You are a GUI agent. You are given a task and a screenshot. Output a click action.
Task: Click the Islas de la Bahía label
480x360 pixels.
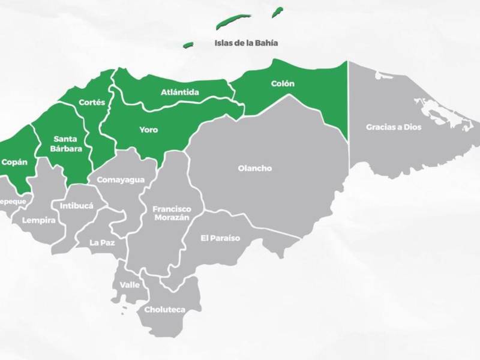coord(246,43)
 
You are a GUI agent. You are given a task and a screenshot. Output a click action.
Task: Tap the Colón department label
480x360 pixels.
coord(283,83)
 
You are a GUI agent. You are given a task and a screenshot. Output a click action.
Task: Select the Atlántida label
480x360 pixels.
coord(180,92)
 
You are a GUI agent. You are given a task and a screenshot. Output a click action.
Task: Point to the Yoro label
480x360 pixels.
coord(149,129)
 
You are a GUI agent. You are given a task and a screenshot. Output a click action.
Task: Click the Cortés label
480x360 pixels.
coord(92,102)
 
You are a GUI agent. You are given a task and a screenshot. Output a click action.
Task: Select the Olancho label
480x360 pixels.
coord(256,169)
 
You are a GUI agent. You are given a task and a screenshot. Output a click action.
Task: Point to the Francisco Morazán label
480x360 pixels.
coord(172,213)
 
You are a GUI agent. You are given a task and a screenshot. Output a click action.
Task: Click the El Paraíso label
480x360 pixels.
coord(220,238)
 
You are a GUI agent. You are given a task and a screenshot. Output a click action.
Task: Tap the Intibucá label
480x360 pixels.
coord(77,206)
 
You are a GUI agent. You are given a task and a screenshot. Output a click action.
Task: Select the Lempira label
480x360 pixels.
coord(39,220)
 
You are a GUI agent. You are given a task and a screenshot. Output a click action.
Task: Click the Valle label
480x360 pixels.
coord(130,284)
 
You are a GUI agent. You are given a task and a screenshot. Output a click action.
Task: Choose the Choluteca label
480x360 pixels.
coord(164,310)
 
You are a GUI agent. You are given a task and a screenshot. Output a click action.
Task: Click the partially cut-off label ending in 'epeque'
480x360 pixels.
coord(12,202)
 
